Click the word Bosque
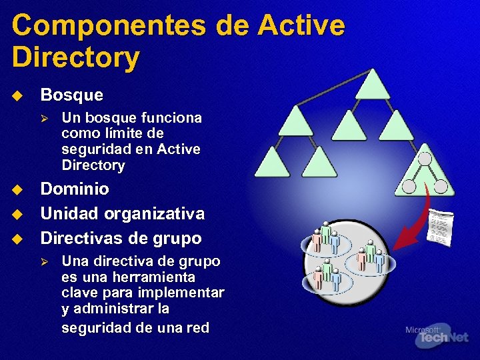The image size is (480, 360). (72, 95)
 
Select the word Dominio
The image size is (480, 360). (75, 189)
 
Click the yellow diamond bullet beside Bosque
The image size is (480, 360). (17, 95)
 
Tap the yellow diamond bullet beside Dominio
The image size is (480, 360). (17, 189)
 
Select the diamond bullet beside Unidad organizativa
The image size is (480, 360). (17, 214)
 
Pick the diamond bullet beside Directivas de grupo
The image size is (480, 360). (17, 238)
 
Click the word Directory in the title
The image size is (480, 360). (75, 57)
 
